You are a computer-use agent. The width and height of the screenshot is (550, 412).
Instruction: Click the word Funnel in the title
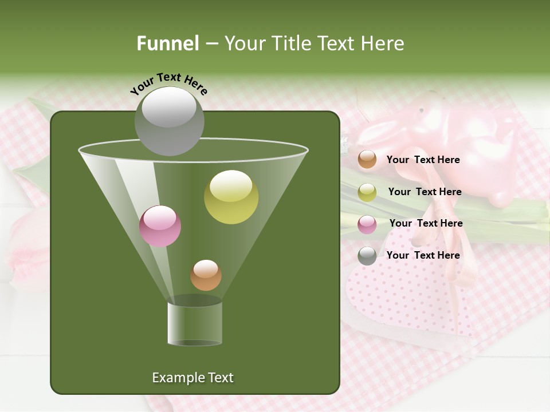point(167,43)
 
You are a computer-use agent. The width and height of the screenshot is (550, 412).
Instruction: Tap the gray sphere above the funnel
point(169,121)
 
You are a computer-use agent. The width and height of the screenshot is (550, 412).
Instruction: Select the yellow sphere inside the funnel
point(231,197)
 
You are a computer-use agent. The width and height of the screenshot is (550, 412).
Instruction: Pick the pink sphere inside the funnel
point(160,226)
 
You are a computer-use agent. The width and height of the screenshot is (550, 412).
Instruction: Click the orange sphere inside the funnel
point(206,275)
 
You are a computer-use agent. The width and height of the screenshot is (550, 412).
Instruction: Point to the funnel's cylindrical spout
point(195,323)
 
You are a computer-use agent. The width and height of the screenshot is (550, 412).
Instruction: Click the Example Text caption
point(192,378)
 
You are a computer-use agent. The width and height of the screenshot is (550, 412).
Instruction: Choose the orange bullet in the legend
point(367,160)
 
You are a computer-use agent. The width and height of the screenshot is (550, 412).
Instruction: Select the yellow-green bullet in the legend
point(367,192)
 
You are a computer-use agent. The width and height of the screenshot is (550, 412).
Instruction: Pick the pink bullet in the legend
point(367,224)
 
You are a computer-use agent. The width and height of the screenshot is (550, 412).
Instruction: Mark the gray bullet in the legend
point(367,256)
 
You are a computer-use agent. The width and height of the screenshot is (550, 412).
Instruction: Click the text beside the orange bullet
point(423,160)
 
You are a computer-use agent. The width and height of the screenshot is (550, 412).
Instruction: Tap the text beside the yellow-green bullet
point(425,192)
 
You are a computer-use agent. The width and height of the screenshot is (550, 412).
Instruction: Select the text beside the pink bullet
point(426,223)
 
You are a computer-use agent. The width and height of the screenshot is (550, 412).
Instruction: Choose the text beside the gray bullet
point(423,255)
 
